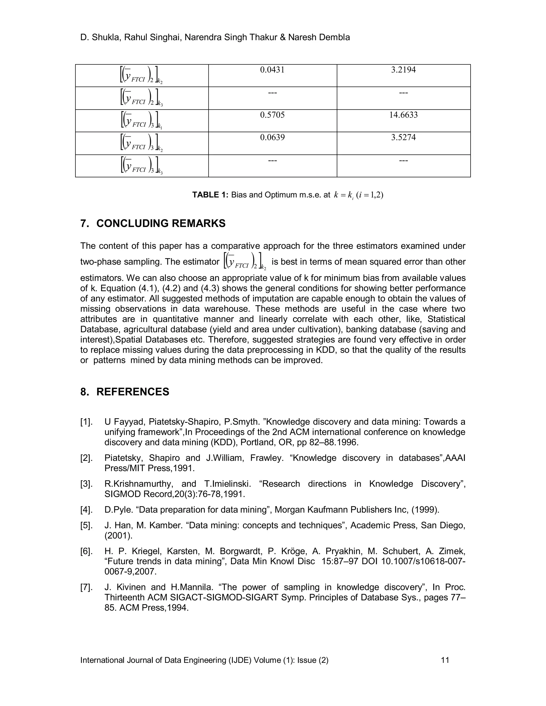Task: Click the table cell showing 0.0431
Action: [272, 70]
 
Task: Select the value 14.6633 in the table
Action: [403, 115]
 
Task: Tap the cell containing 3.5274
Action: [403, 137]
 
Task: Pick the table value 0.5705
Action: [272, 115]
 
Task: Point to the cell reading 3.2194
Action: [403, 70]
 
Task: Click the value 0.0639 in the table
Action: [272, 137]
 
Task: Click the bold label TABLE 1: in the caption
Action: [210, 195]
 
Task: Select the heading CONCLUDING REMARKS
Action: [161, 223]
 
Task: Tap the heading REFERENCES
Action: [133, 392]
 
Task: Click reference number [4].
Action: [86, 510]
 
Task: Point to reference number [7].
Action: [86, 587]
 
